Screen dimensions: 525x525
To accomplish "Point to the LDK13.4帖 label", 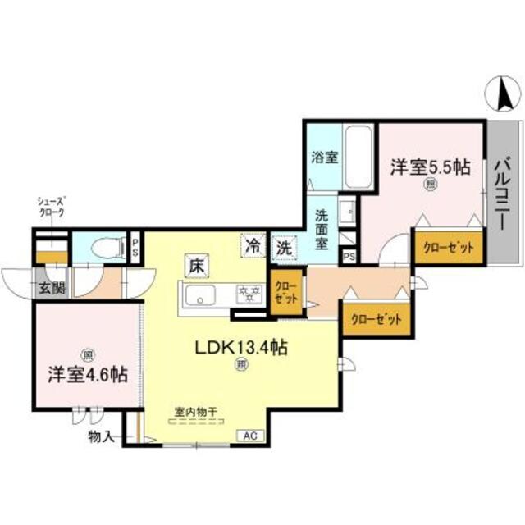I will point(240,348).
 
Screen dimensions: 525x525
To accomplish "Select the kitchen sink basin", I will point(201,294).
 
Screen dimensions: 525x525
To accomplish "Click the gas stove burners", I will point(245,293).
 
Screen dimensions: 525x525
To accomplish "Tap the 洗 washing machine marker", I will point(284,244).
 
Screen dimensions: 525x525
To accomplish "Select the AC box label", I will point(248,436).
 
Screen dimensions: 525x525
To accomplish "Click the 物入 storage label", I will point(102,437).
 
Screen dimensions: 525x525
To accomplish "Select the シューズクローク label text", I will point(51,206).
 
